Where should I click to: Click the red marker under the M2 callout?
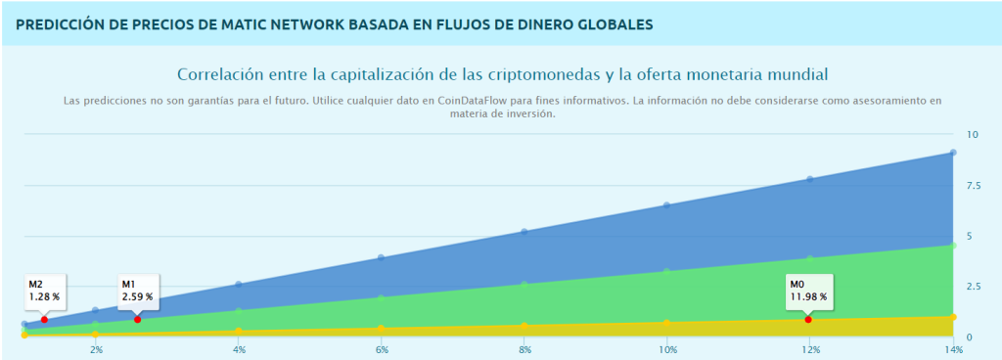(44, 320)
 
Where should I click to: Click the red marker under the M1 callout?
(137, 320)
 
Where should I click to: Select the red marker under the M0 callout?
(808, 320)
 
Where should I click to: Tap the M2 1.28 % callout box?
(44, 291)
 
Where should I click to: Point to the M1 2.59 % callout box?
(138, 291)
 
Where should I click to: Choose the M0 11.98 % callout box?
(808, 291)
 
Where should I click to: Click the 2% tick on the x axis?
(96, 349)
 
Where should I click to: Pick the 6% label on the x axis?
(383, 349)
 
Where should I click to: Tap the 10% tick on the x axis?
(667, 349)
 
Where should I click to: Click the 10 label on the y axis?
(972, 134)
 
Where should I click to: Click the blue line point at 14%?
(953, 153)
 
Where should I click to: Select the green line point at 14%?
(953, 245)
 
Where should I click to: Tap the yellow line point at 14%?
(953, 317)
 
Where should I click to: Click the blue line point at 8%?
(524, 232)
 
